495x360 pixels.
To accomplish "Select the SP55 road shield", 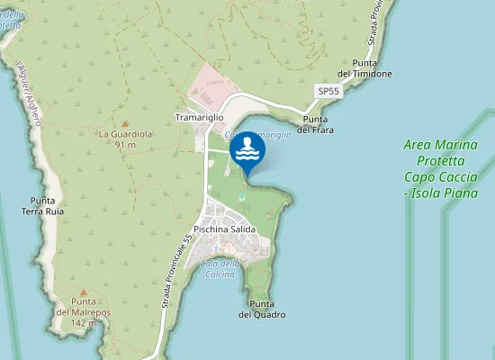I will click(x=328, y=92).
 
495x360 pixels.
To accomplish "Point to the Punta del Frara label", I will click(x=316, y=125).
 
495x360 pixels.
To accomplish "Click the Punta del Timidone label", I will click(x=364, y=68).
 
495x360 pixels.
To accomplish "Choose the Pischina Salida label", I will click(x=225, y=229).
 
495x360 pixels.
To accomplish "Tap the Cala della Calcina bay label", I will click(x=220, y=267).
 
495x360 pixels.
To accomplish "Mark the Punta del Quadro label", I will click(x=262, y=309).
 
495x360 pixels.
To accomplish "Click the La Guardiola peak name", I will click(x=124, y=134).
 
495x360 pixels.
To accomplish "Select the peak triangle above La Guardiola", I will click(x=125, y=122).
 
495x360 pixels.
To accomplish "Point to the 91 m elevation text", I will click(x=125, y=145).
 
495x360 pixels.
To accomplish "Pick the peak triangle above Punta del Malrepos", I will click(x=83, y=292).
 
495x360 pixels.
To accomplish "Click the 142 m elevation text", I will click(x=83, y=322).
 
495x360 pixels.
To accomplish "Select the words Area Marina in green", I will click(x=440, y=145).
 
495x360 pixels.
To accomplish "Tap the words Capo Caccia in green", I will click(x=440, y=180).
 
